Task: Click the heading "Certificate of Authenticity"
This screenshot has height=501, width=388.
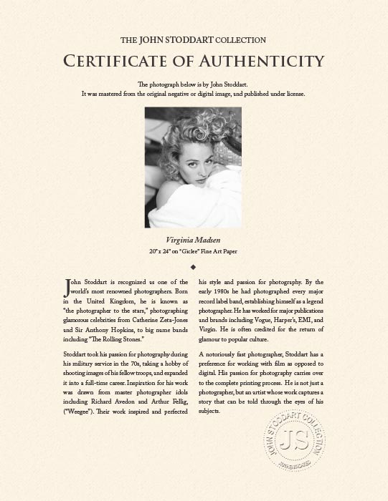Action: [194, 60]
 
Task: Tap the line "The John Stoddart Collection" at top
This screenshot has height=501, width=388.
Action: [194, 40]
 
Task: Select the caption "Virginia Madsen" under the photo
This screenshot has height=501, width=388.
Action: [194, 240]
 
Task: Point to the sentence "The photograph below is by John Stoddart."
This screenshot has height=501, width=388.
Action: [194, 84]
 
